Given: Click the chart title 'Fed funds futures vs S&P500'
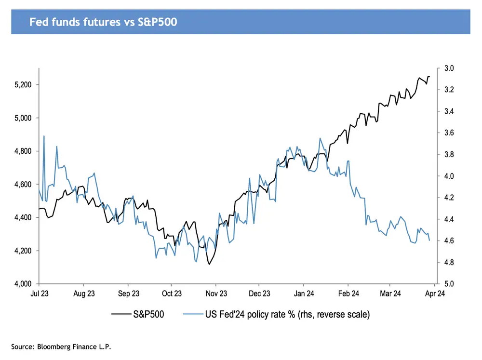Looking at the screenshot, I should (104, 23).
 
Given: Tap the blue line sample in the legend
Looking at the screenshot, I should (193, 315).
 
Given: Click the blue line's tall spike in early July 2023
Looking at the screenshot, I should (44, 136).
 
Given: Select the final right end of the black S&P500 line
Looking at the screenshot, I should (429, 77).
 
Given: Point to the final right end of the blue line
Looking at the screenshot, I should (429, 240).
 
